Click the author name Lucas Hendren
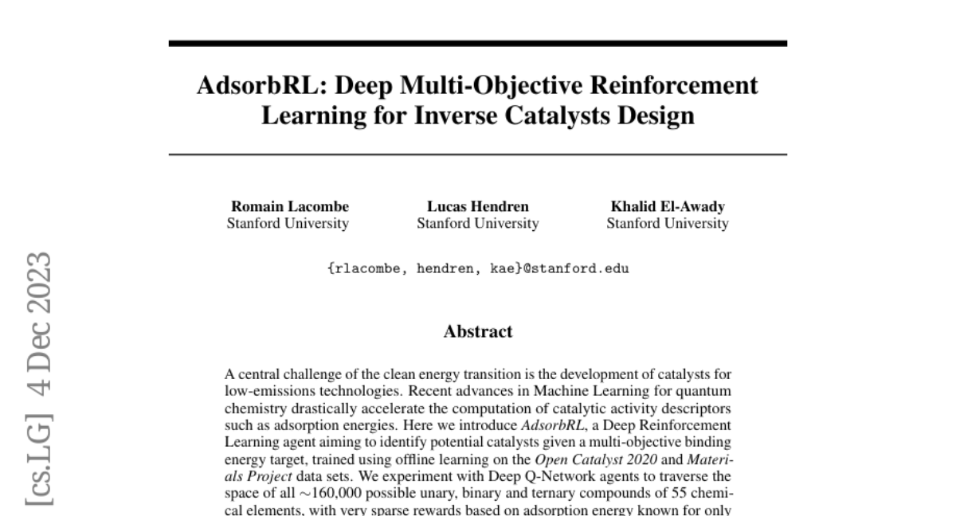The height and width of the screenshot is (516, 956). tap(477, 207)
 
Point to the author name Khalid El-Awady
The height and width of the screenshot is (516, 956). tap(668, 207)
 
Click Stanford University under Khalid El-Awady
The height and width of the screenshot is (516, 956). tap(668, 224)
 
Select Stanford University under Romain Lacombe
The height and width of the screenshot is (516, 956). tap(288, 224)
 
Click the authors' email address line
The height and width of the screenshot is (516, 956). tap(477, 268)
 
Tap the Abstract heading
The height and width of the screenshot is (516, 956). tap(477, 331)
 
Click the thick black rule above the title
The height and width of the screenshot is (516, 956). tap(477, 43)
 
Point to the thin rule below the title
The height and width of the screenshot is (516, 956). tap(477, 154)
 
